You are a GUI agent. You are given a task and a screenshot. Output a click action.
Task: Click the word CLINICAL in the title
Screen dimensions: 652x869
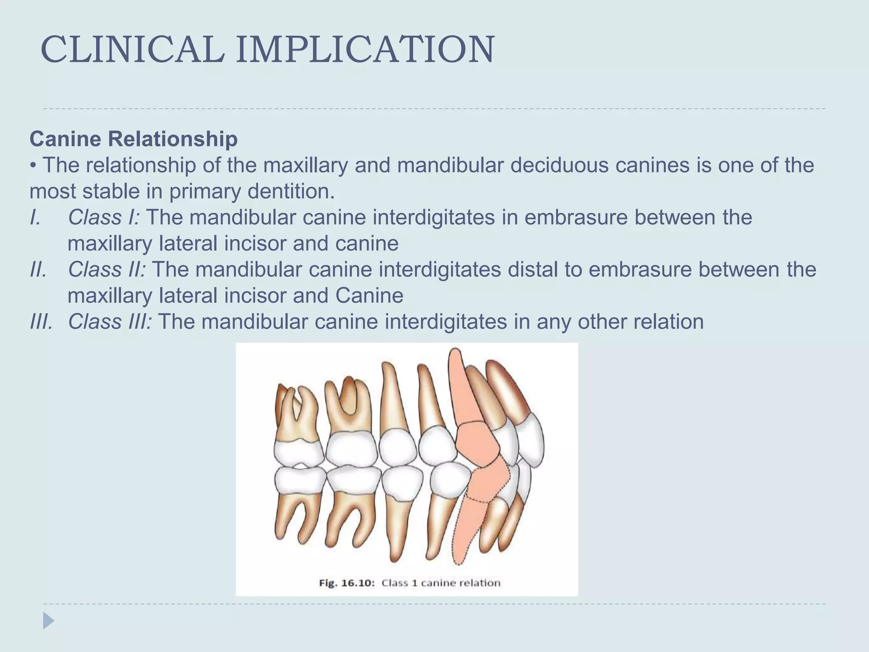coord(132,50)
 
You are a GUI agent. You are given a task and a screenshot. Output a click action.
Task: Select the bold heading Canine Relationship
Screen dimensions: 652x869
coord(134,139)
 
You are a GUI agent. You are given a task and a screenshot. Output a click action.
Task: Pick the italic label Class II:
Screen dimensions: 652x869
coord(107,270)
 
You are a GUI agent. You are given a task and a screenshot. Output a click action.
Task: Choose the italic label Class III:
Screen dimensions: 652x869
coord(110,322)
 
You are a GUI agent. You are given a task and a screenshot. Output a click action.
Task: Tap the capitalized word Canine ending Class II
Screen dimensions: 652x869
coord(369,296)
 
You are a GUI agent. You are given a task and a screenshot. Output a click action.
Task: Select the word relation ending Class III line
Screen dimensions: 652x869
coord(668,322)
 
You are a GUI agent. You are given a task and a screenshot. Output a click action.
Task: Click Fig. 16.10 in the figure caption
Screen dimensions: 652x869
coord(346,583)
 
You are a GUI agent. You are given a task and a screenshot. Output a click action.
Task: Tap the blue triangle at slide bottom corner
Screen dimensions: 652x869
coord(48,621)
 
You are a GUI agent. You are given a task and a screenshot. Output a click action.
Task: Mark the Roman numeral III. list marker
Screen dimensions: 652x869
coord(41,322)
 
